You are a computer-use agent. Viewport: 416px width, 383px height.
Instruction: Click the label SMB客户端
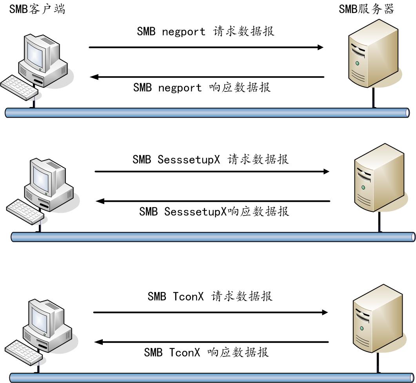[x=37, y=9]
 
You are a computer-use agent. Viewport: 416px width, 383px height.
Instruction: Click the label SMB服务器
[x=366, y=9]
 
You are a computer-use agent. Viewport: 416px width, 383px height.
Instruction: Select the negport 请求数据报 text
[x=205, y=32]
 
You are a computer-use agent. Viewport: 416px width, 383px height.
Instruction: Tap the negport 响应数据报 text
[x=202, y=88]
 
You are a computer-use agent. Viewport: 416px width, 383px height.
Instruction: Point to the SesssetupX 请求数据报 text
[x=211, y=159]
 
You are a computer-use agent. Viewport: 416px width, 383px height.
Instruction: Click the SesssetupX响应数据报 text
[x=214, y=212]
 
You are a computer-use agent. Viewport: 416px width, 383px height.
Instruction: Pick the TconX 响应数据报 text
[x=206, y=352]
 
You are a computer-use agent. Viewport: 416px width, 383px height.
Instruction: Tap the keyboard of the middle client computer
[x=25, y=212]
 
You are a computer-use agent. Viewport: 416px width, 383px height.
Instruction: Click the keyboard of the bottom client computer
[x=24, y=352]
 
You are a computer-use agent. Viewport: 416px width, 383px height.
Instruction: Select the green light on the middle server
[x=363, y=188]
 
